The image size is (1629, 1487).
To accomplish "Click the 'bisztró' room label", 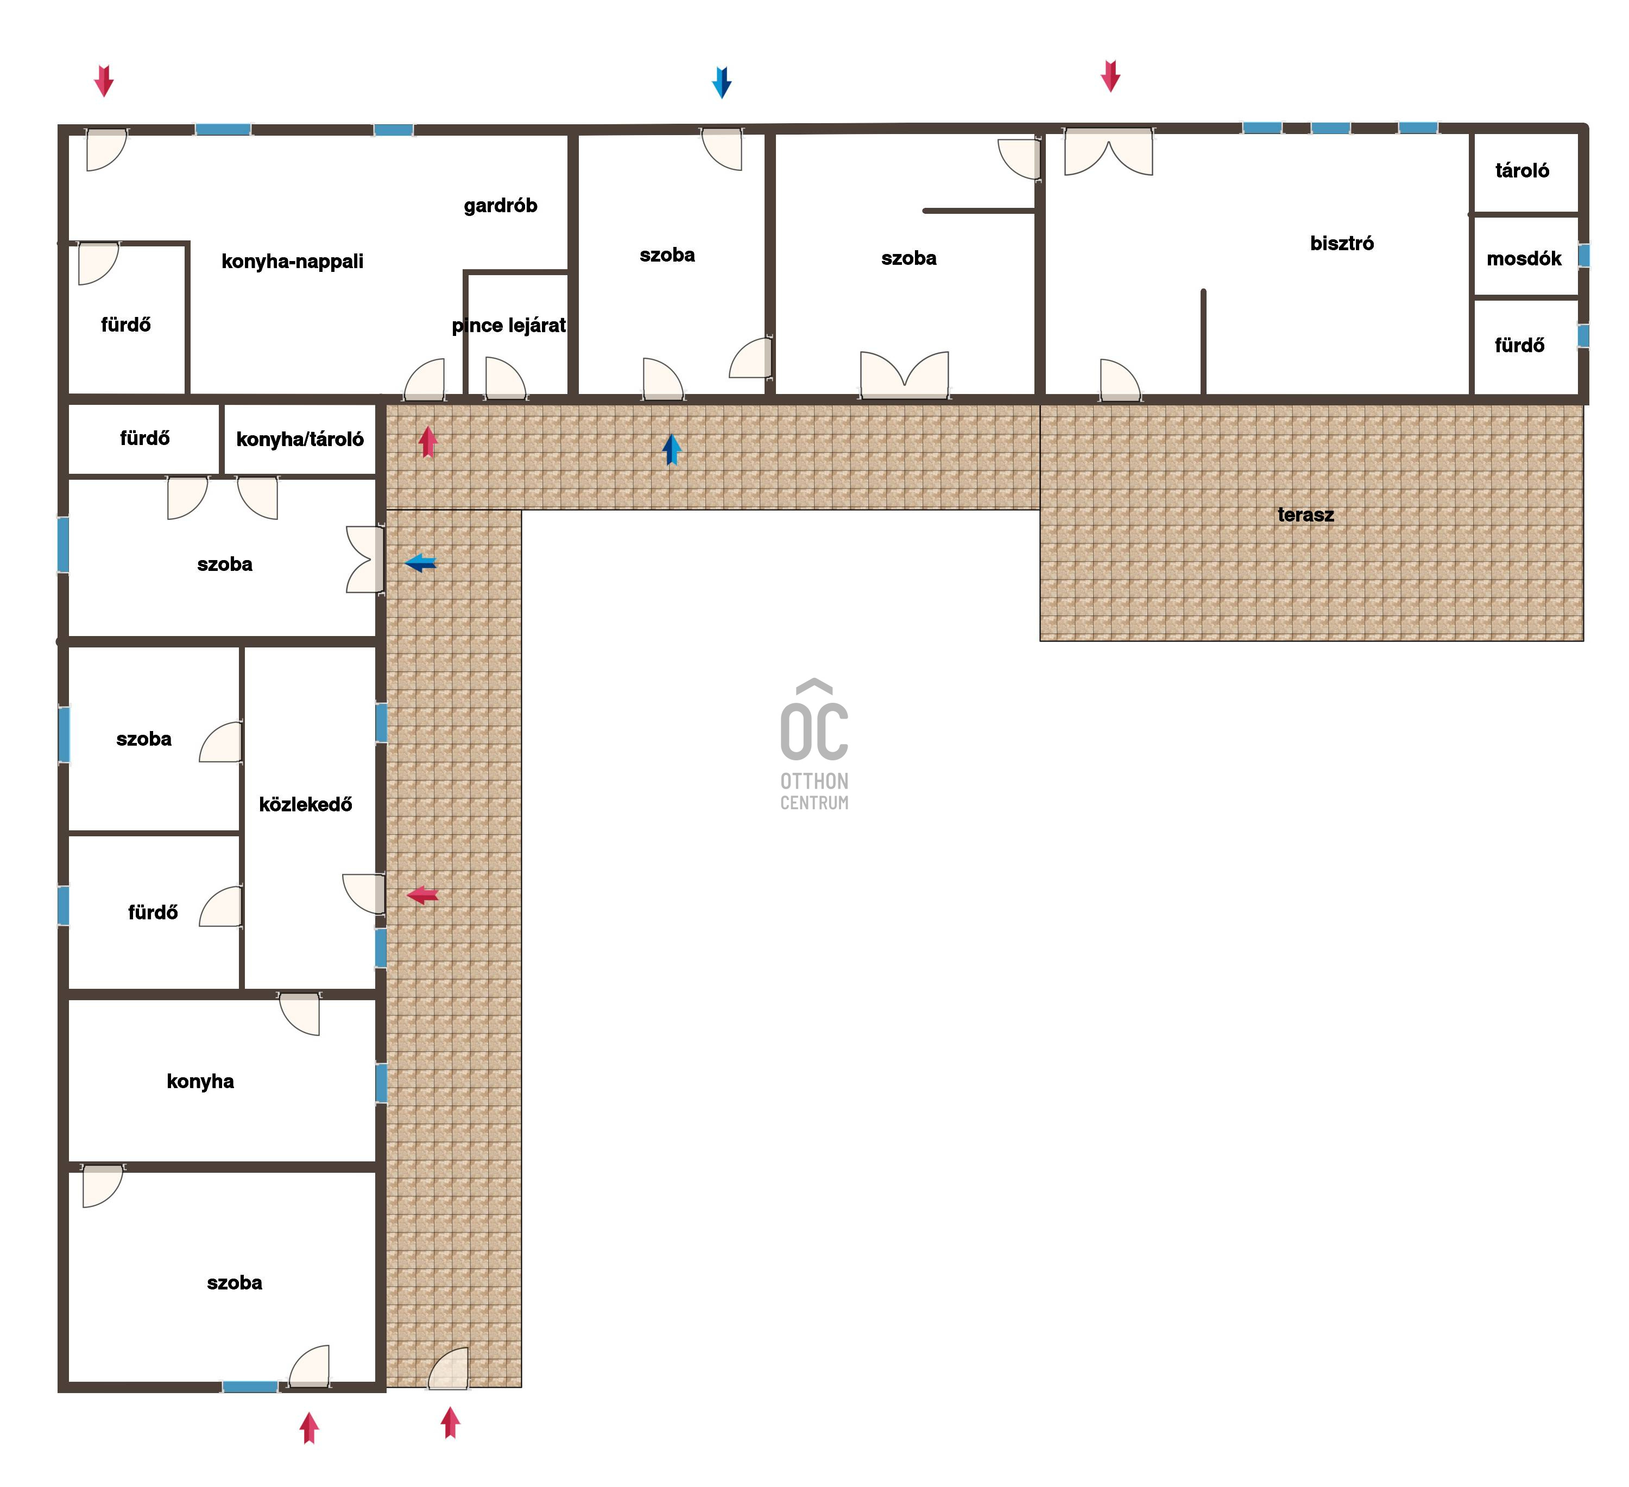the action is (x=1341, y=243).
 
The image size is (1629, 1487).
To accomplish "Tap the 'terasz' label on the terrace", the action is (x=1306, y=514).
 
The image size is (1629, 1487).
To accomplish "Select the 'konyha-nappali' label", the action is (x=293, y=262).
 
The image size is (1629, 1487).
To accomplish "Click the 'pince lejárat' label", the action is (x=509, y=326).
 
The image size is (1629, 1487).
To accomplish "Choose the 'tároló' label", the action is (x=1523, y=170).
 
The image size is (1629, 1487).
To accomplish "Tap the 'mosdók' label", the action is (x=1524, y=258).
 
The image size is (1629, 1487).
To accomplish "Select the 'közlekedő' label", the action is (x=305, y=804).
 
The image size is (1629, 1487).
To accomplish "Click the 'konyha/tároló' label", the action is (x=300, y=440).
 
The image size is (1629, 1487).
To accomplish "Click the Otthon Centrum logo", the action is (x=815, y=744).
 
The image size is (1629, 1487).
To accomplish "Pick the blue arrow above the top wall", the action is (x=722, y=82).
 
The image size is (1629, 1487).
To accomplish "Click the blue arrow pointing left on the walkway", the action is (x=420, y=563).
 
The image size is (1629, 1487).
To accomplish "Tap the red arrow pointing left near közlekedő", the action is (x=422, y=895).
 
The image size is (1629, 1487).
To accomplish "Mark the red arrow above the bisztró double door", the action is (x=1110, y=76).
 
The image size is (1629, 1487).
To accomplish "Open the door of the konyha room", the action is (x=300, y=1014).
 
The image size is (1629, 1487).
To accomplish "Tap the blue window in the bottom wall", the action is (x=250, y=1387).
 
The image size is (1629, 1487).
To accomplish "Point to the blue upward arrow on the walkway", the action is (x=672, y=449).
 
